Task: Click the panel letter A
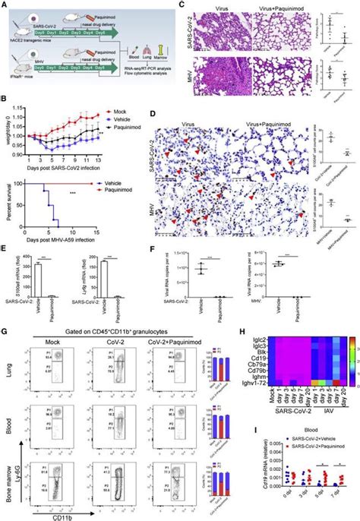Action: click(x=5, y=5)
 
